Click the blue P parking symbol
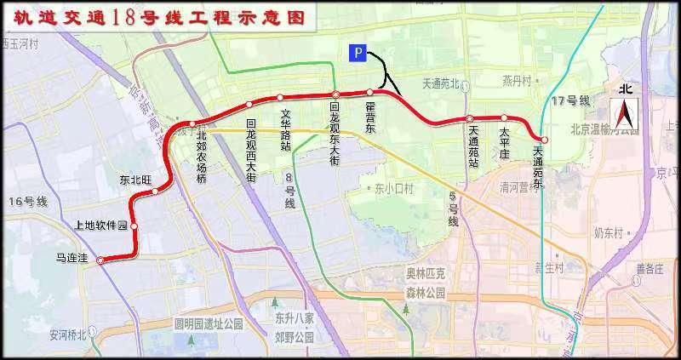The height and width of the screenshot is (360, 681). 358,54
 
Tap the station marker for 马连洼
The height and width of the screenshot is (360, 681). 100,261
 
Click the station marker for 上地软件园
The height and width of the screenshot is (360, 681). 134,226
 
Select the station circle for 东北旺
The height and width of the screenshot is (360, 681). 155,191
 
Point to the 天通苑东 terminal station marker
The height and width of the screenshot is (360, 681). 544,140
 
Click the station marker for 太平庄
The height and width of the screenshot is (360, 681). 504,118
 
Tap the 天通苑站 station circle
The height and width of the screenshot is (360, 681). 469,118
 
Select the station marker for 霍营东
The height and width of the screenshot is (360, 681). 369,92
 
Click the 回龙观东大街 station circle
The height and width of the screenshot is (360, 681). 336,94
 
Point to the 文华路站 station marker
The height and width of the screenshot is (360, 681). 279,97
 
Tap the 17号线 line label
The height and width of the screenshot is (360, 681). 569,100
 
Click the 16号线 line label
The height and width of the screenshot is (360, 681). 27,201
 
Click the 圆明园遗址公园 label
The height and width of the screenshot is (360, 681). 209,323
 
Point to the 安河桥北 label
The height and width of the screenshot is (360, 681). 68,334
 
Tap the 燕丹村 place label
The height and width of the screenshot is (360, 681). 516,81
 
